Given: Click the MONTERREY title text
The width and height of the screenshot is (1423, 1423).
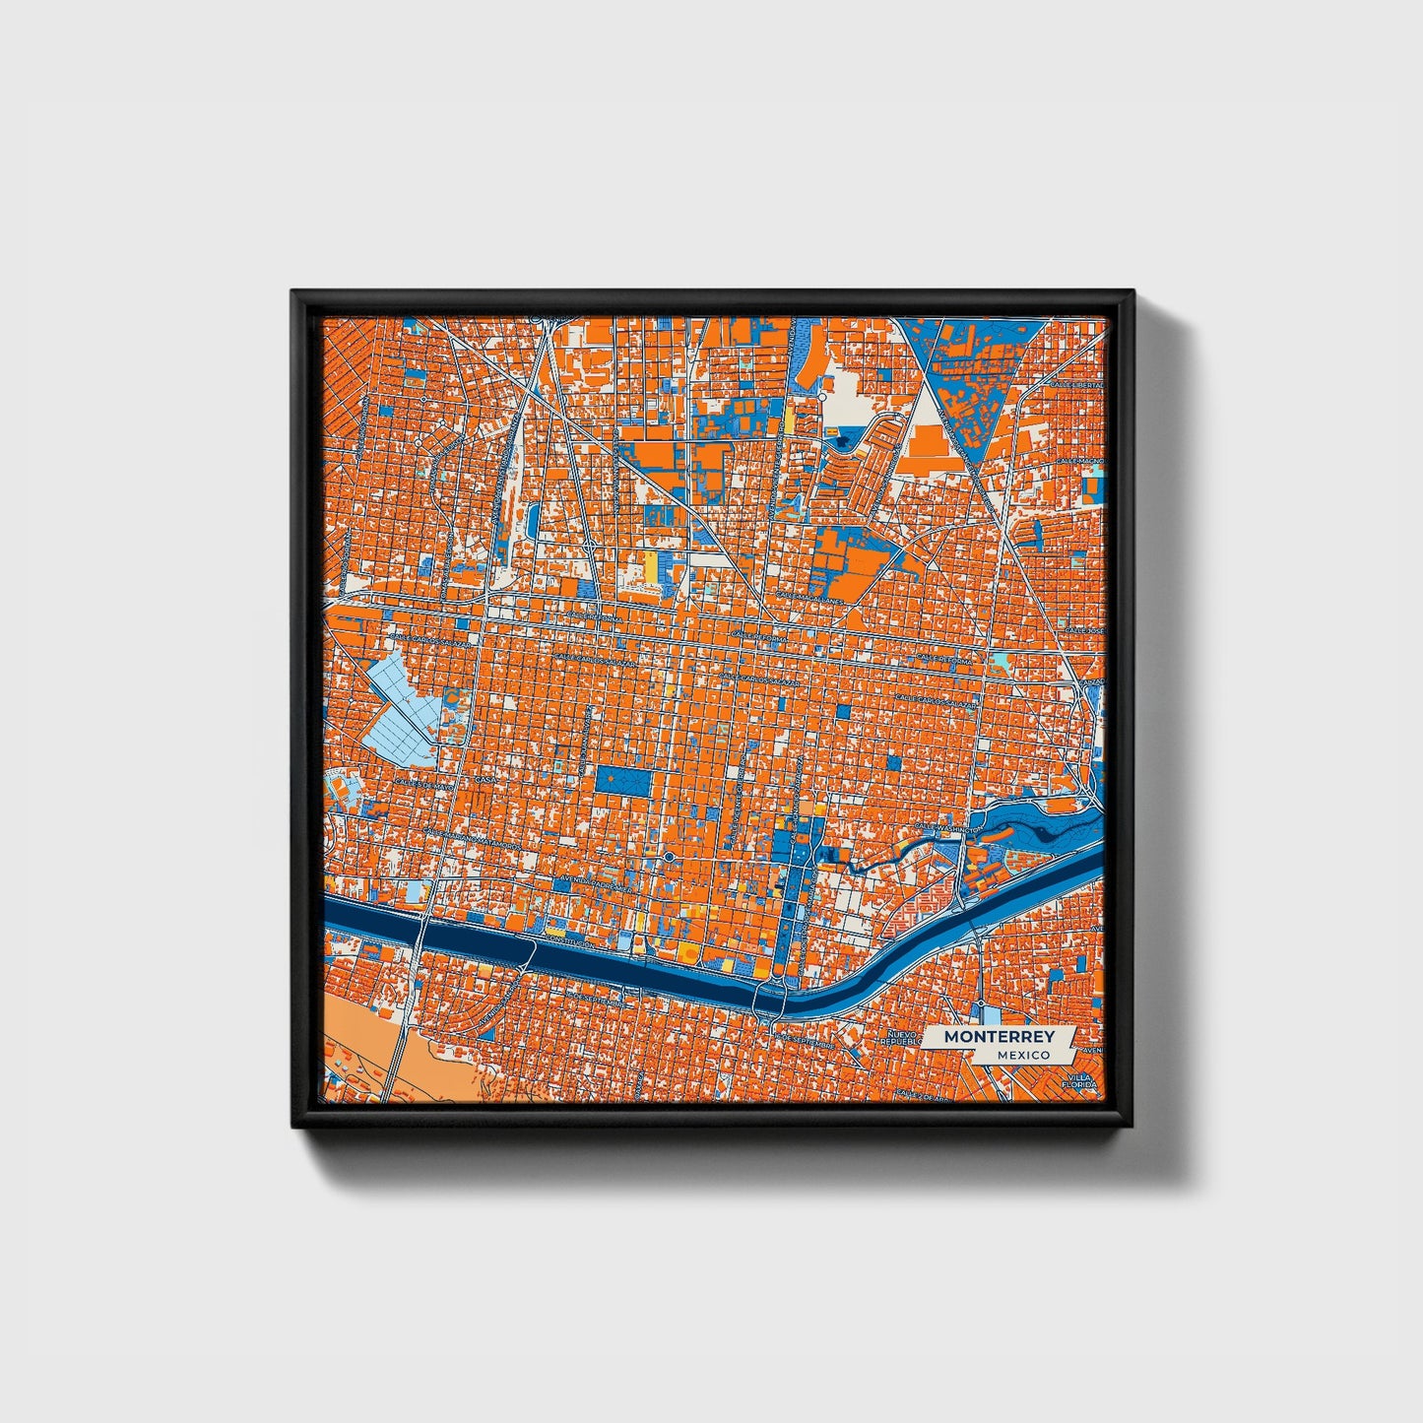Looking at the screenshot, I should click(999, 1037).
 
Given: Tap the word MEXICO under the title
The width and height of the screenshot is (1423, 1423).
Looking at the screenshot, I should click(1021, 1055).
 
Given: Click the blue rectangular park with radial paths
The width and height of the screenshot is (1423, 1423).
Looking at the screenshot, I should click(622, 781).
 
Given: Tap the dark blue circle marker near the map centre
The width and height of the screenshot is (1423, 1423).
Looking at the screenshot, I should click(669, 858).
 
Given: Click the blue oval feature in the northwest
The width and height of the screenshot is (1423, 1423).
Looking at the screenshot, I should click(533, 519).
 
